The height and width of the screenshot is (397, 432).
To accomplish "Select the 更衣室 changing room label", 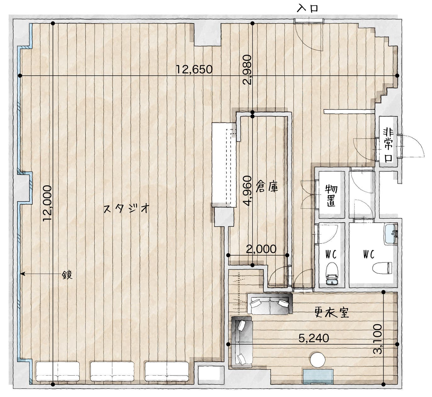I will pyautogui.click(x=332, y=312).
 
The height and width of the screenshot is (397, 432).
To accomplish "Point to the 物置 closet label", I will pyautogui.click(x=331, y=195).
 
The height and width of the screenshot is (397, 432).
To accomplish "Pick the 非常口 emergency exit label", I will pyautogui.click(x=389, y=144).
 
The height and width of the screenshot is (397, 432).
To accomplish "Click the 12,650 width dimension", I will pyautogui.click(x=194, y=69).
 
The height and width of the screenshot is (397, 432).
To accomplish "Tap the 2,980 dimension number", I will pyautogui.click(x=247, y=70).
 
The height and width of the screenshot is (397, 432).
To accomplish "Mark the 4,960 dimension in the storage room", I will pyautogui.click(x=247, y=191).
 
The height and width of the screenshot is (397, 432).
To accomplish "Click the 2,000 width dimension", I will pyautogui.click(x=261, y=249).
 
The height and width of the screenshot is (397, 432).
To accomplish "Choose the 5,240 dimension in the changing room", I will pyautogui.click(x=313, y=338).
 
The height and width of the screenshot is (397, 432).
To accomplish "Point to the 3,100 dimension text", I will pyautogui.click(x=377, y=339).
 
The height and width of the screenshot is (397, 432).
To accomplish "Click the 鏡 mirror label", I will pyautogui.click(x=67, y=275).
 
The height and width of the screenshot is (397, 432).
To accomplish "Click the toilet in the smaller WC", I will pyautogui.click(x=332, y=273).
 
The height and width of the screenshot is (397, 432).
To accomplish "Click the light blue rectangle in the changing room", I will pyautogui.click(x=318, y=377).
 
